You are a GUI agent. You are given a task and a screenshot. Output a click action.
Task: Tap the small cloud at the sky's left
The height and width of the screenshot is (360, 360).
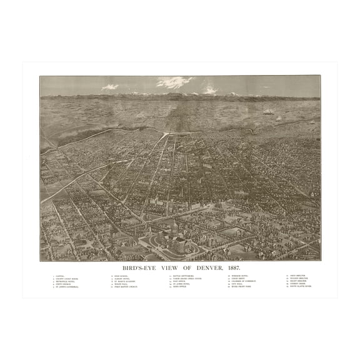pyautogui.click(x=110, y=87)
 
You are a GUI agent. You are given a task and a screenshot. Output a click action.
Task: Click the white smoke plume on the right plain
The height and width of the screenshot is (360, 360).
pyautogui.click(x=269, y=111)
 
